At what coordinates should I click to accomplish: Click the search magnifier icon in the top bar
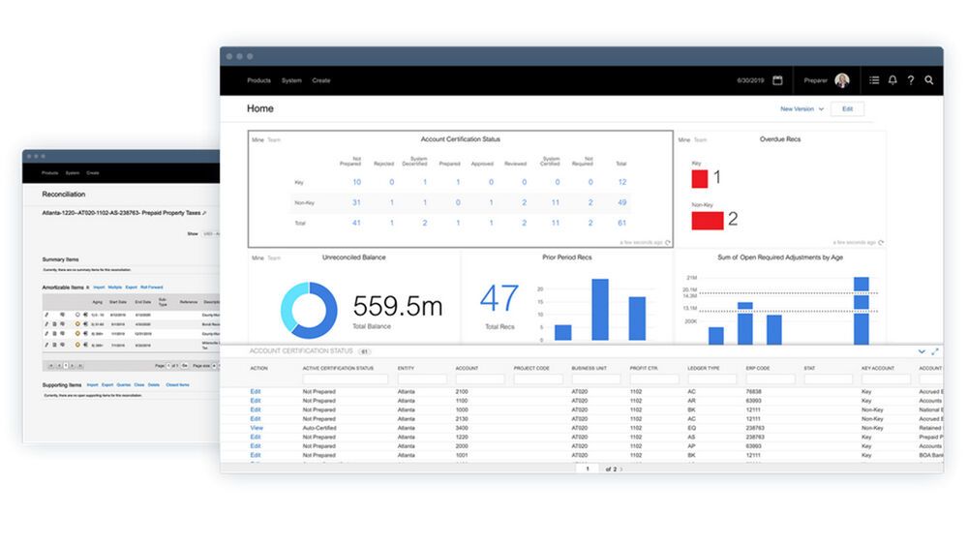click(x=929, y=80)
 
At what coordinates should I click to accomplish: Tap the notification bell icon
click(x=892, y=80)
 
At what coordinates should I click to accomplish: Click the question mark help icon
click(x=911, y=80)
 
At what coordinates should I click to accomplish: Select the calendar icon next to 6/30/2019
click(x=777, y=80)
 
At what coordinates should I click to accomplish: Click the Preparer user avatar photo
click(x=842, y=80)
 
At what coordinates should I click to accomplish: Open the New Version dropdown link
click(x=802, y=109)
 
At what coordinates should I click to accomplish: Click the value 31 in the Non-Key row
click(x=356, y=202)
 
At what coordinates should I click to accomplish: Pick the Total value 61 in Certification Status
click(x=621, y=223)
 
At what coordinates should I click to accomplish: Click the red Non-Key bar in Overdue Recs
click(x=707, y=220)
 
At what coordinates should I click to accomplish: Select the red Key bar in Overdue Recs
click(x=699, y=178)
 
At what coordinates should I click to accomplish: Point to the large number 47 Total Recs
click(x=499, y=299)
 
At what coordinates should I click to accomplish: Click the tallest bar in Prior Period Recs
click(x=600, y=310)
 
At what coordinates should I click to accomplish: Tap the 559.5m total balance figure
click(x=397, y=307)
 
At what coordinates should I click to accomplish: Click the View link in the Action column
click(x=257, y=428)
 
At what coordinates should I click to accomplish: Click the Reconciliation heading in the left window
click(x=64, y=194)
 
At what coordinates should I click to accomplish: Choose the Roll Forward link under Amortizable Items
click(x=151, y=288)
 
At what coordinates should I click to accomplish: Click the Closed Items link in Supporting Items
click(x=177, y=384)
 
